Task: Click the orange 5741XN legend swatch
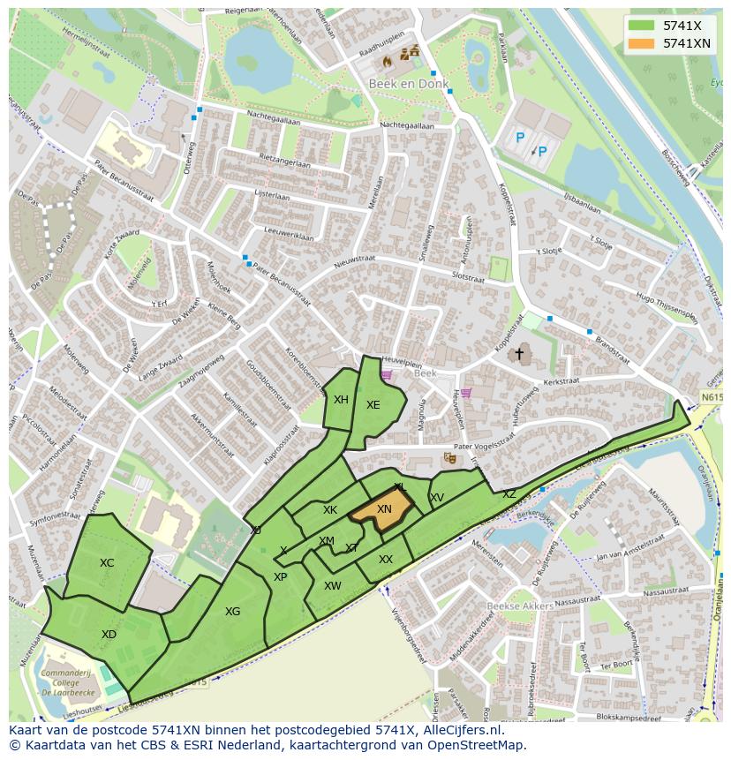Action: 642,43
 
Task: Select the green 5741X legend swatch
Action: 642,26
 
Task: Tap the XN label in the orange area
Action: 384,509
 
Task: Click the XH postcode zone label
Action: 341,400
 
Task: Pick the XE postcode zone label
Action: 373,405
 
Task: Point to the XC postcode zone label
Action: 107,562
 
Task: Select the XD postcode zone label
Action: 109,634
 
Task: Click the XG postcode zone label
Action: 232,611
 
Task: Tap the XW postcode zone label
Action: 332,585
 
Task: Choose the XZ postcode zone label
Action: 509,494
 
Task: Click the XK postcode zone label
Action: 330,510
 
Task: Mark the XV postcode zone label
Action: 437,498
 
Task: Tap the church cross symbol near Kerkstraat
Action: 519,354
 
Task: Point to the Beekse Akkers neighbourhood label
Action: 520,606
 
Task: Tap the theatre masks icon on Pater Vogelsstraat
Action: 449,458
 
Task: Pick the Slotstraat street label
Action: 468,277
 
